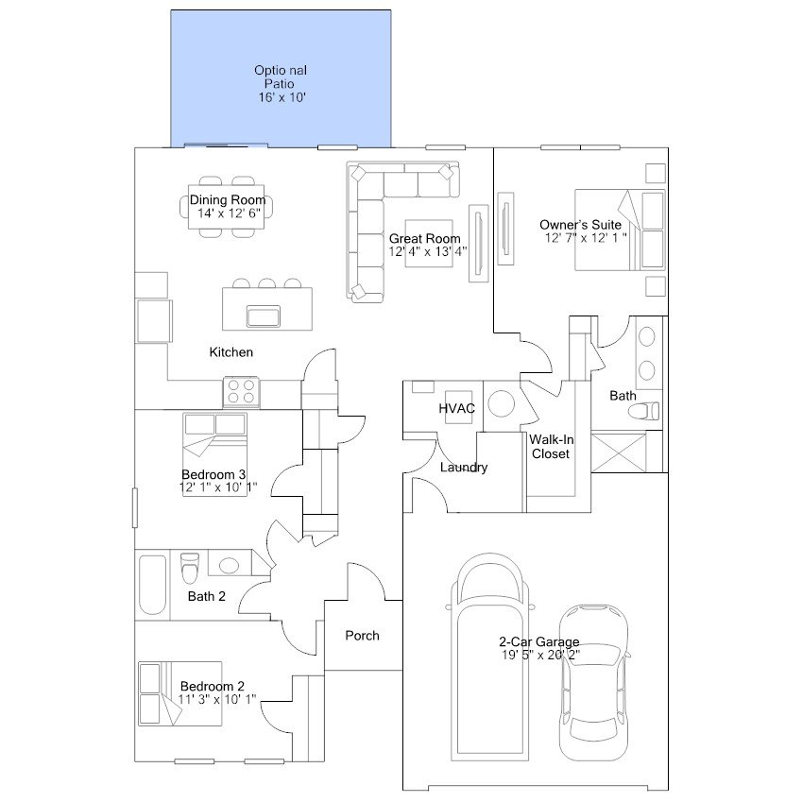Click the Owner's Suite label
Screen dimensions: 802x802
point(580,224)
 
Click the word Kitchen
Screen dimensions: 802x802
point(231,352)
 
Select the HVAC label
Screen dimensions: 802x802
point(455,408)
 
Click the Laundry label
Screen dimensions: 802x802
point(464,468)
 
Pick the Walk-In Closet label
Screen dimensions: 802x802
point(549,446)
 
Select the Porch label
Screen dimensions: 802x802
point(362,636)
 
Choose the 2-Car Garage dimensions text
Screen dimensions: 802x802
point(539,654)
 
